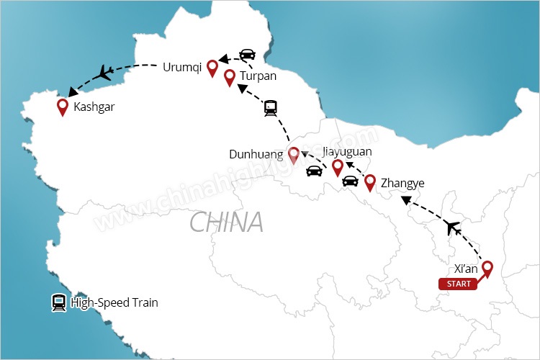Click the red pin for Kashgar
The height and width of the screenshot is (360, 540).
(x=63, y=107)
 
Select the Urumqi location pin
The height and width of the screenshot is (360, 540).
(x=212, y=68)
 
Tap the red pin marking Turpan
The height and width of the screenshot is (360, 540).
(x=230, y=77)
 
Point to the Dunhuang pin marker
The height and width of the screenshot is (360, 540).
(x=294, y=155)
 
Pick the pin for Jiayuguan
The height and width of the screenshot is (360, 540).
(x=337, y=167)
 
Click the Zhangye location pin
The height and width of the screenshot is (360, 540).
(x=370, y=182)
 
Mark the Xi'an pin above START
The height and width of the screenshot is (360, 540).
(x=487, y=269)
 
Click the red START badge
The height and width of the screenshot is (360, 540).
(x=459, y=284)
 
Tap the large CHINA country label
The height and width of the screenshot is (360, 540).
(x=226, y=222)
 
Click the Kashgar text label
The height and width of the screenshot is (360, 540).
(x=94, y=107)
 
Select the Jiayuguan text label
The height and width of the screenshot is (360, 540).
(x=349, y=152)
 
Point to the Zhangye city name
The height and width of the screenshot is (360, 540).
(x=402, y=183)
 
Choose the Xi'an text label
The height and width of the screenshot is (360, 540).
(x=467, y=269)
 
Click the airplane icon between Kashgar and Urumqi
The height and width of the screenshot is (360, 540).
(x=105, y=72)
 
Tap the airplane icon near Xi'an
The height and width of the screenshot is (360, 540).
(x=453, y=228)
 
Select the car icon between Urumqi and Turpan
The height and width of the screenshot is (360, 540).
(x=247, y=55)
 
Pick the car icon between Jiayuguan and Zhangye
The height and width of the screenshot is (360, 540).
(x=350, y=181)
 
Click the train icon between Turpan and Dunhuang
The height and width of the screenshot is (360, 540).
(x=271, y=109)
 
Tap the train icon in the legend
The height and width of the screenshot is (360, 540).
(x=58, y=303)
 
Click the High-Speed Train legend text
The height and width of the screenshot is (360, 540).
(x=114, y=303)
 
